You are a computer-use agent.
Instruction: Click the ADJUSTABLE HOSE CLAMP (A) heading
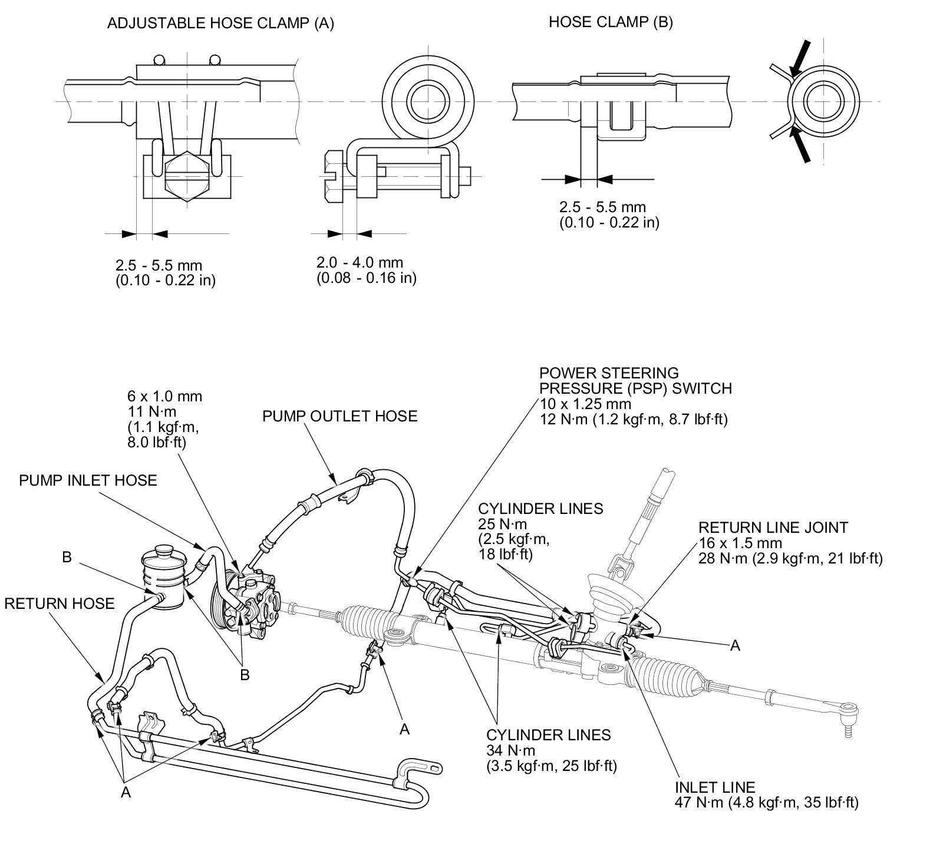point(220,23)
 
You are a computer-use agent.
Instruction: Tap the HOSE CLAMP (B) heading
point(610,22)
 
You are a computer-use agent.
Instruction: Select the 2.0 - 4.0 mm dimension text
point(360,262)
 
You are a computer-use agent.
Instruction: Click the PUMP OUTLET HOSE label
point(339,416)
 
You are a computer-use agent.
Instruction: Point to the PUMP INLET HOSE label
point(88,480)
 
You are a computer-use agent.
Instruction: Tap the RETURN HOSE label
point(59,604)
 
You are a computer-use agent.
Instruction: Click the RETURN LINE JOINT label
point(773,528)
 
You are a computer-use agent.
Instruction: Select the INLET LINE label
point(714,787)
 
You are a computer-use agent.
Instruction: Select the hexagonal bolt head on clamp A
point(187,177)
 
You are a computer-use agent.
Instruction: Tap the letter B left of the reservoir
point(67,557)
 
